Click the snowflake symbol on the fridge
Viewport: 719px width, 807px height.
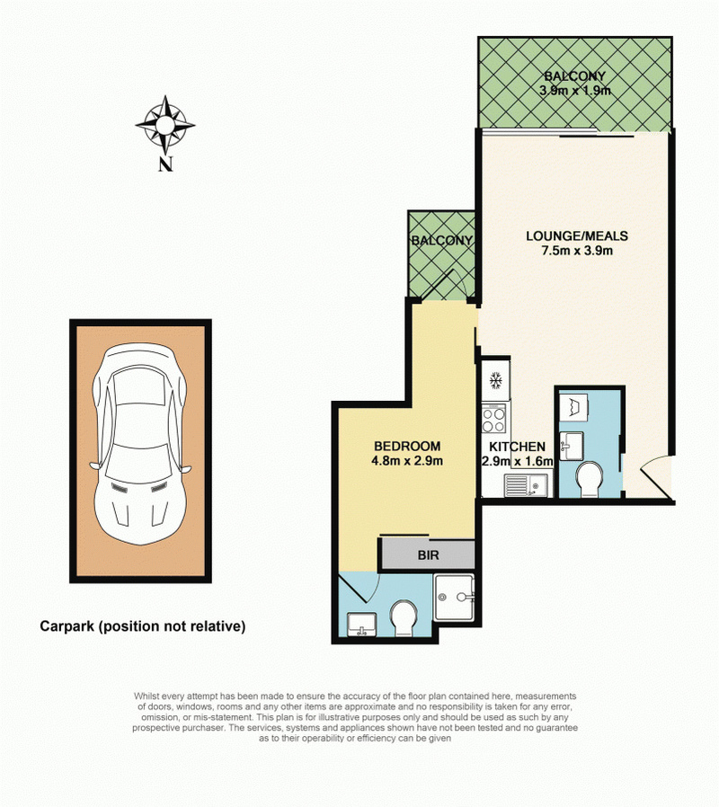495,381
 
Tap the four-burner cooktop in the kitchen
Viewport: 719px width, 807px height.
493,420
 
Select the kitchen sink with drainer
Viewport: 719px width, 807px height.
526,485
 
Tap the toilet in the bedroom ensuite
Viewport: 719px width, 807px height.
404,618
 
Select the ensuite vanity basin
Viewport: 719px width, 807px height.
361,625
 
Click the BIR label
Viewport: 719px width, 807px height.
428,555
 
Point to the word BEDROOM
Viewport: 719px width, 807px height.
407,447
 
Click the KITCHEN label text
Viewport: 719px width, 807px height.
517,447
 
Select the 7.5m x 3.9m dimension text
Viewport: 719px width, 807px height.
577,251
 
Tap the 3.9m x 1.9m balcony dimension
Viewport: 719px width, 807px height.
575,91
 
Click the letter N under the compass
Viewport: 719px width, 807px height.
165,164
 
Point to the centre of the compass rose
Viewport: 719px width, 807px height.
165,125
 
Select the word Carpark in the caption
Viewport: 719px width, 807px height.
67,626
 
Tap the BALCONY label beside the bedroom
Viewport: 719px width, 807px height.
441,240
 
